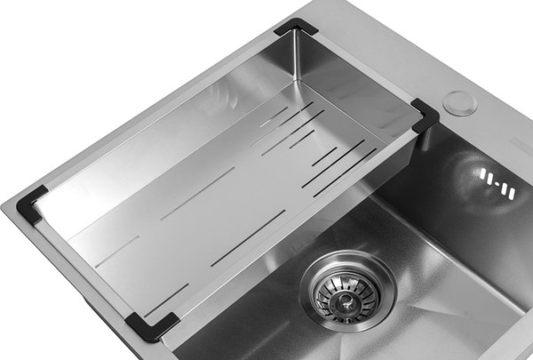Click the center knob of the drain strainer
[x=346, y=288]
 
